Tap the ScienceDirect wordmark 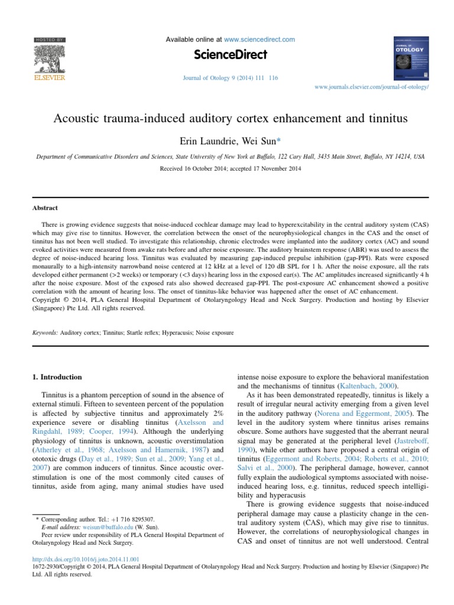pos(230,55)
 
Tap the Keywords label pos(46,333)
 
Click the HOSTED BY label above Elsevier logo pos(49,40)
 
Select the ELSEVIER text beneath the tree pos(49,77)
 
